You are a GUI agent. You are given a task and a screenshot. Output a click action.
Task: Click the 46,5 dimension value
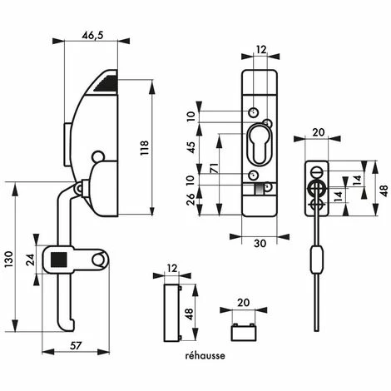pos(92,36)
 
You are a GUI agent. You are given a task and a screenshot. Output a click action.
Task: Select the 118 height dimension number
pos(145,148)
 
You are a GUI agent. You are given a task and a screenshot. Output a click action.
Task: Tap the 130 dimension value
pos(9,260)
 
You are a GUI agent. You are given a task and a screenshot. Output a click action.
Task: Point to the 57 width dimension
pos(76,346)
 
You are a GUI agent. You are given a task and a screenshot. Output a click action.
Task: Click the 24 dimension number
pos(30,260)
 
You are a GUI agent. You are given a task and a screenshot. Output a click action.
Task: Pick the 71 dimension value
pos(214,169)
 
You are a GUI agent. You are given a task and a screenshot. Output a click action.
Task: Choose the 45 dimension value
pos(191,147)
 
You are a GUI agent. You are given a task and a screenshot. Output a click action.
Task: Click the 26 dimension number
pos(191,199)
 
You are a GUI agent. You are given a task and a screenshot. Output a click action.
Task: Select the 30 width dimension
pos(260,243)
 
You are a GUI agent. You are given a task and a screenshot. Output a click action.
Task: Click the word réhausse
pos(205,355)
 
